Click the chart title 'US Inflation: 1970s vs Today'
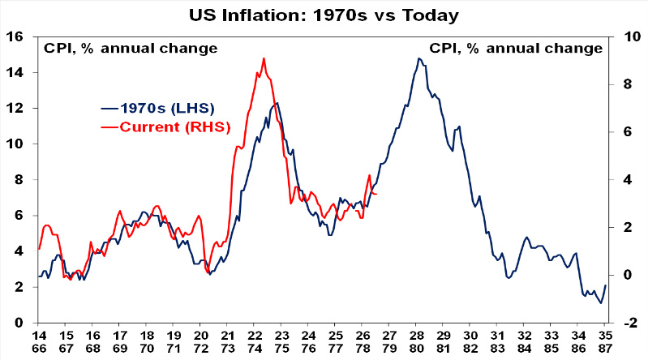[324, 15]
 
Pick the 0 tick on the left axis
[19, 323]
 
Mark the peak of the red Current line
[264, 58]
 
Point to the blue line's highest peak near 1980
[419, 58]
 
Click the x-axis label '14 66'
[39, 342]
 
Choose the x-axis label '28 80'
[417, 342]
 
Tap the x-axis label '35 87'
[606, 342]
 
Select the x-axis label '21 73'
[228, 342]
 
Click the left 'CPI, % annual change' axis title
[131, 49]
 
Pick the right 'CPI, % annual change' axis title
[516, 49]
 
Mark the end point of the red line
[376, 194]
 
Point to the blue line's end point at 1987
[606, 285]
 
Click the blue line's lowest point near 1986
[601, 303]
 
